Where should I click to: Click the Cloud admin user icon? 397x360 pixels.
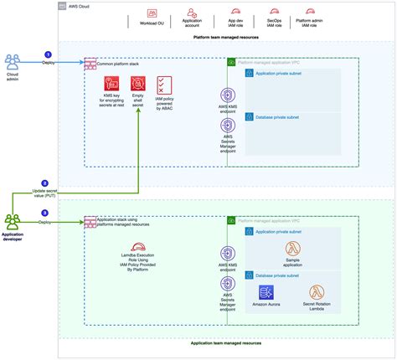tap(14, 60)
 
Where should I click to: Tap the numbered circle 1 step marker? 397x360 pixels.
tap(47, 54)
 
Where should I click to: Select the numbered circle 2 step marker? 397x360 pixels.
tap(45, 183)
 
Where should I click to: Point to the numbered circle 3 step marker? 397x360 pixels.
tap(45, 214)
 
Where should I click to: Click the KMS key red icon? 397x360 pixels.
tap(111, 84)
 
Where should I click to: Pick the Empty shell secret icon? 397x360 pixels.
tap(137, 84)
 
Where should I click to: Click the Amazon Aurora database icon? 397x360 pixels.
tap(266, 293)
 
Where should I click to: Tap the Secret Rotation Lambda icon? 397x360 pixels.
tap(317, 293)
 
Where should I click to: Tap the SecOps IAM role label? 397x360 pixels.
tap(272, 23)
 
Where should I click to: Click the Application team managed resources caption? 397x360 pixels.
tap(225, 343)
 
